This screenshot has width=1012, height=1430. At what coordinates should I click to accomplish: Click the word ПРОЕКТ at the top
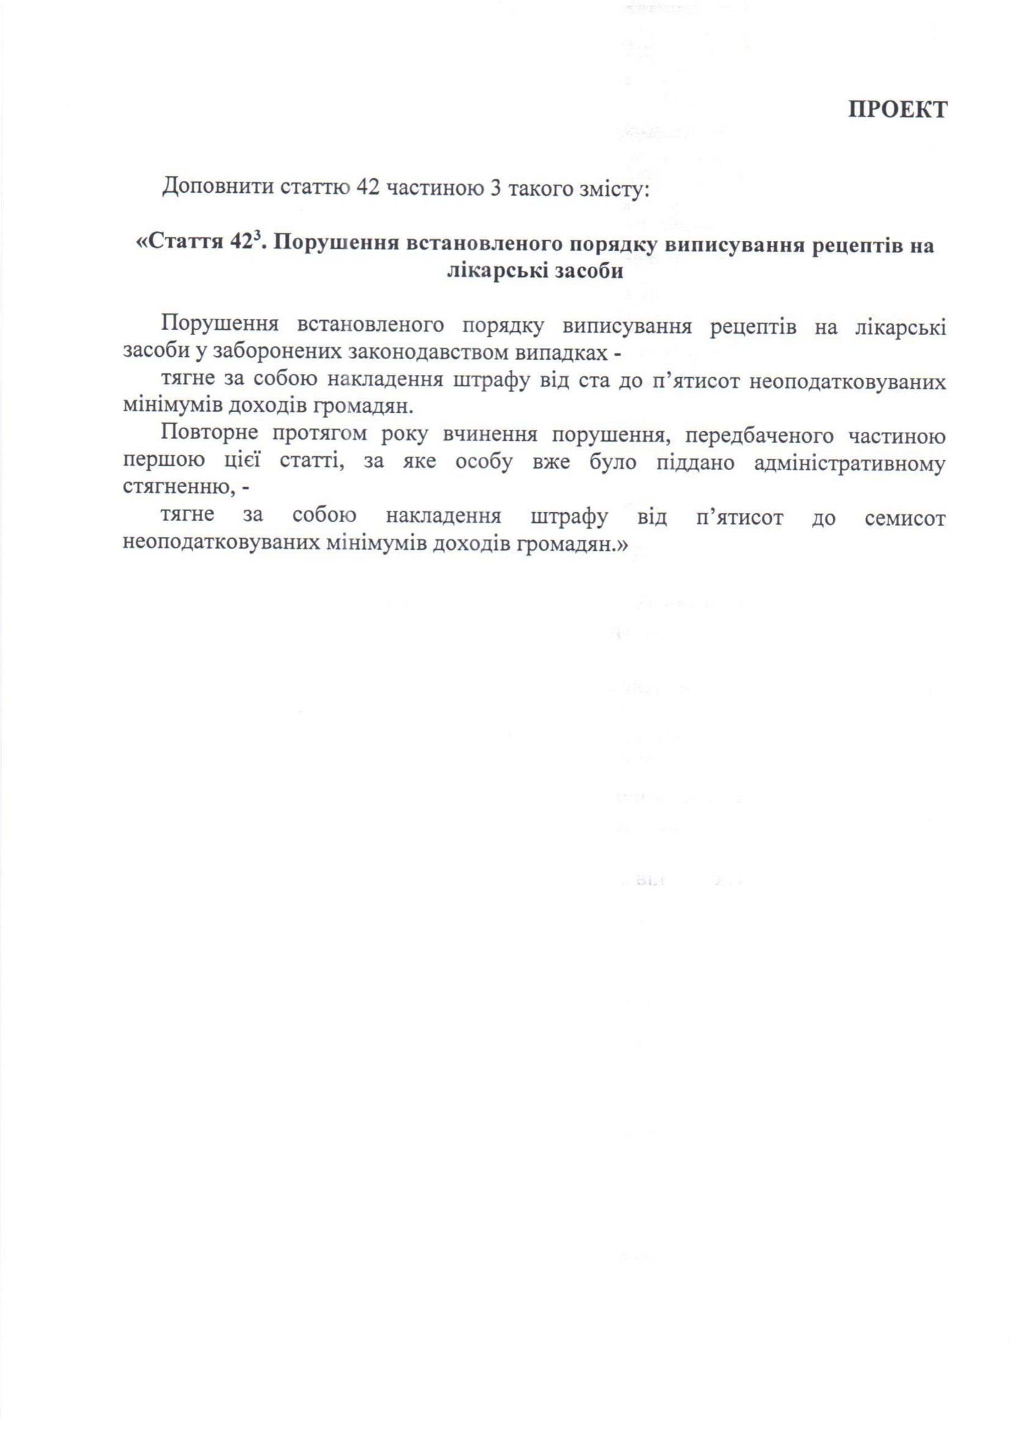[x=898, y=109]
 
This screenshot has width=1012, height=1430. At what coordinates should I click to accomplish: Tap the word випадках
[x=560, y=351]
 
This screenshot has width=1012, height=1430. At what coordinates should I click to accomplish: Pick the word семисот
[x=905, y=518]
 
